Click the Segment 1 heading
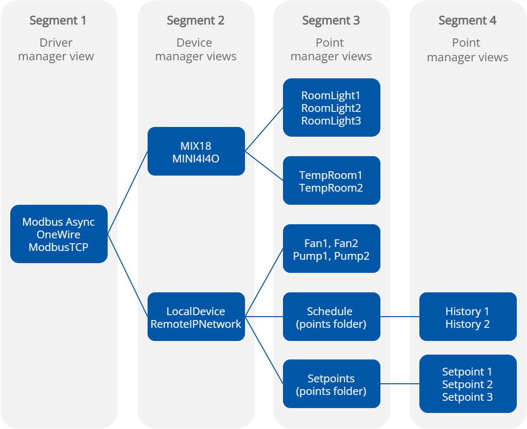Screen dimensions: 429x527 (x=57, y=20)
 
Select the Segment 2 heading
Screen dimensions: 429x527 (x=195, y=20)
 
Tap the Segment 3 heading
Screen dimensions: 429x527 (x=331, y=20)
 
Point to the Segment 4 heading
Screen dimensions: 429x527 (x=467, y=20)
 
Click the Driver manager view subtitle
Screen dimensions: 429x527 (x=56, y=50)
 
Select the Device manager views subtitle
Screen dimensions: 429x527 (x=195, y=50)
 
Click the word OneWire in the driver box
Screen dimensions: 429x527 (x=58, y=234)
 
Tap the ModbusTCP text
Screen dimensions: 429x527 (x=58, y=247)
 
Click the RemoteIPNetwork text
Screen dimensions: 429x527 (x=196, y=324)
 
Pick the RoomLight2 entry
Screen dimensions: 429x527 (x=331, y=108)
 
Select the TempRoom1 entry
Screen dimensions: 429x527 (x=331, y=175)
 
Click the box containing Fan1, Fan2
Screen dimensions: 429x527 (x=331, y=249)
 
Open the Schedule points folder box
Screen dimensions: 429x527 (x=331, y=317)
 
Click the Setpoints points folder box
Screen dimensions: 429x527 (x=331, y=384)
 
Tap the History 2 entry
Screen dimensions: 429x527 (x=467, y=324)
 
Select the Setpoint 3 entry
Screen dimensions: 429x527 (x=467, y=397)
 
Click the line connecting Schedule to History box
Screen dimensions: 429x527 (x=399, y=317)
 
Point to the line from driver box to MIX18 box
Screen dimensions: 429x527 (x=127, y=193)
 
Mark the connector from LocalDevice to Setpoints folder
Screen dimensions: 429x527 (x=263, y=350)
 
